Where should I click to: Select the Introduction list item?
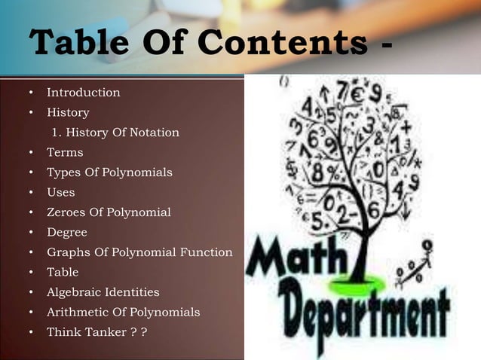(x=83, y=93)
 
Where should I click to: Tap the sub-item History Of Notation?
(x=115, y=133)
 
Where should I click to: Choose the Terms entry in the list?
(x=65, y=152)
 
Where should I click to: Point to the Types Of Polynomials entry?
(x=109, y=172)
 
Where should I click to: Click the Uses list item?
(x=61, y=192)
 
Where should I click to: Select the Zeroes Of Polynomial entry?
(x=109, y=212)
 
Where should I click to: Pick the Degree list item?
(x=67, y=232)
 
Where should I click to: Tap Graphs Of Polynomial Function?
(x=139, y=252)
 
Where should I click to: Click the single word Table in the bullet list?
(x=63, y=272)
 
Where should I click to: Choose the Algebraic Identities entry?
(x=103, y=292)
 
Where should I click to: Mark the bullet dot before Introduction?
(x=31, y=93)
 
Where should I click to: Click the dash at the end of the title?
(x=387, y=47)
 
